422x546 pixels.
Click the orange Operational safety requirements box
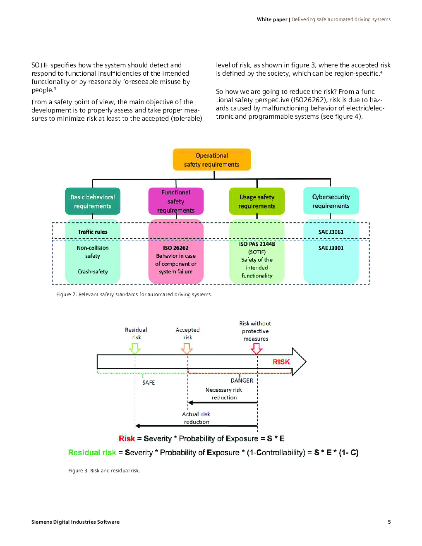click(212, 160)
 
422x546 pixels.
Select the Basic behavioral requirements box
click(93, 201)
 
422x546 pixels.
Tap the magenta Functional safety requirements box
click(176, 201)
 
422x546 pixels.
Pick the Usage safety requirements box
click(257, 201)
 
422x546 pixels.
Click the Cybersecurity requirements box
click(331, 201)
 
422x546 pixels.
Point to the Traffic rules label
click(93, 232)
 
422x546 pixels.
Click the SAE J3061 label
click(331, 232)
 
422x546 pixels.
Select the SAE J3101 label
click(331, 248)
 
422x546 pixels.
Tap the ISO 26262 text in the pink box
click(176, 248)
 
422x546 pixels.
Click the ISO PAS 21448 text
click(257, 244)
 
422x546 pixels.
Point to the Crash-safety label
click(93, 272)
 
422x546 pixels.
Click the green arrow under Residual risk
click(135, 349)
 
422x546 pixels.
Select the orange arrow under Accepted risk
click(187, 349)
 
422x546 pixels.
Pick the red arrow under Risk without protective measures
click(257, 349)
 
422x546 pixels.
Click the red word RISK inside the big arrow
click(281, 362)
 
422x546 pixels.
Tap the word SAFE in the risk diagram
click(149, 383)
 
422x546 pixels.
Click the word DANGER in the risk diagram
click(242, 381)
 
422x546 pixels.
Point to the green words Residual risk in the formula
click(92, 453)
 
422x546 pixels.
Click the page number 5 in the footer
click(389, 522)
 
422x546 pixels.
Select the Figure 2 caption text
click(134, 295)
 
